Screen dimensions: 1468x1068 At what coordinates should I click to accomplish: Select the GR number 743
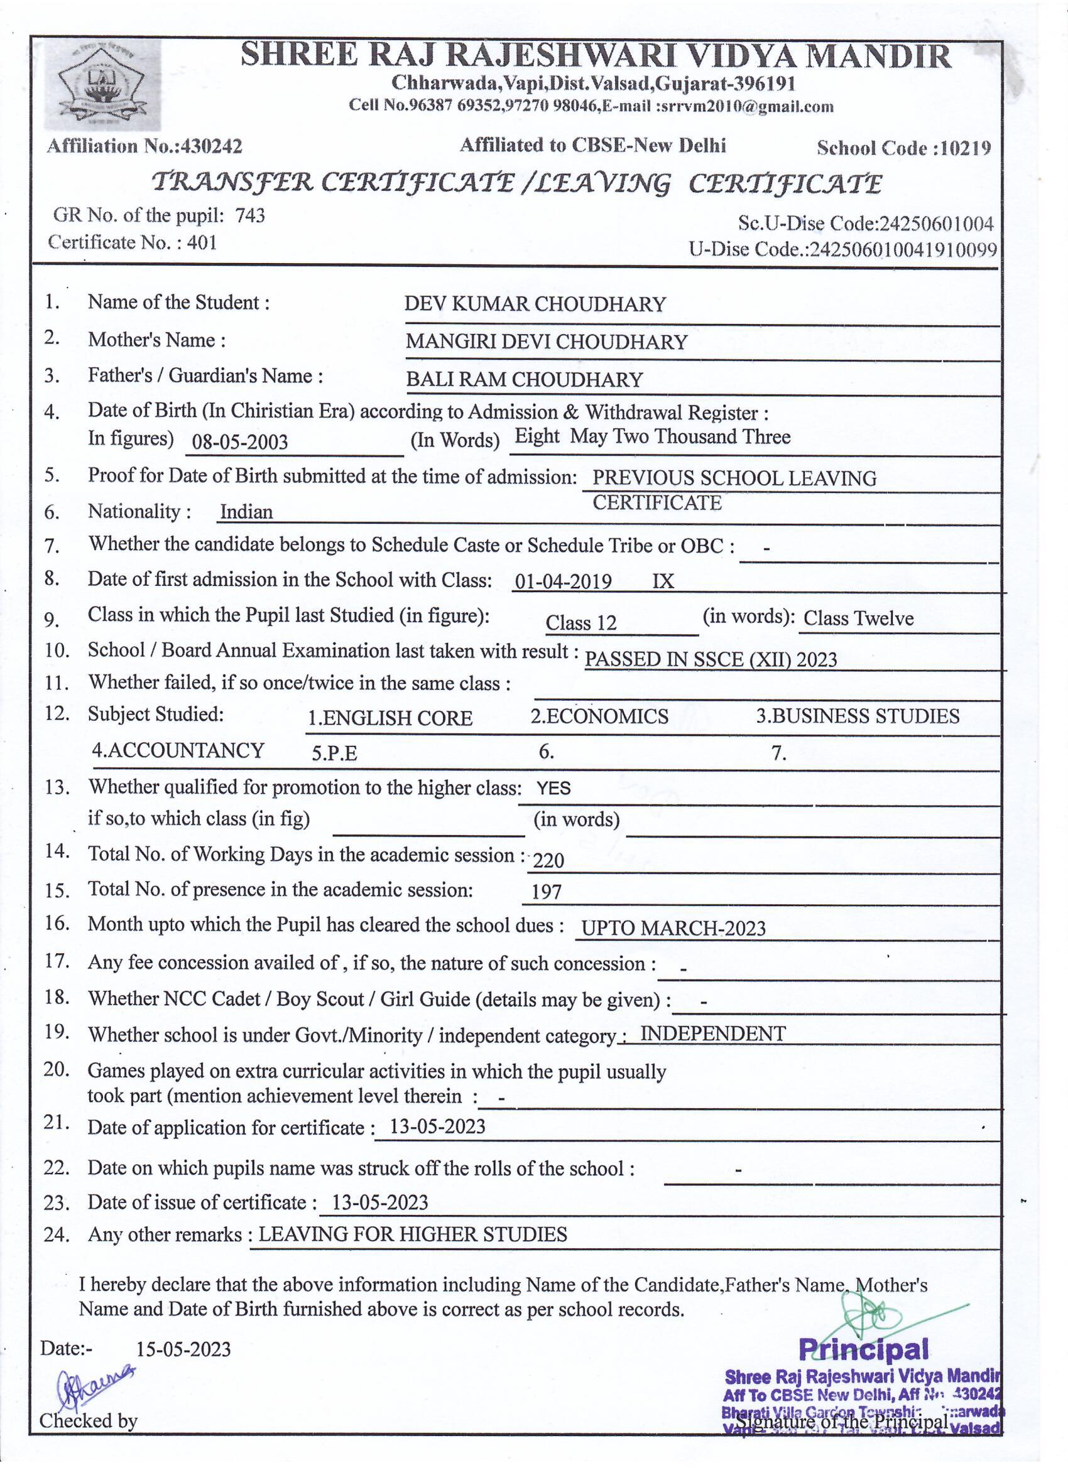click(x=250, y=215)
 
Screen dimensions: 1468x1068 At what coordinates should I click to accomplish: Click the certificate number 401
click(x=202, y=243)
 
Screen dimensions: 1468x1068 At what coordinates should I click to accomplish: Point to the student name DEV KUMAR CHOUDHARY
click(x=535, y=305)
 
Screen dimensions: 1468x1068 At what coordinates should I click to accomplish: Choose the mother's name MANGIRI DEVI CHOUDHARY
click(x=546, y=342)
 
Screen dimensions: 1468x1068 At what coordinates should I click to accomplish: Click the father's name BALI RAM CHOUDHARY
click(x=524, y=379)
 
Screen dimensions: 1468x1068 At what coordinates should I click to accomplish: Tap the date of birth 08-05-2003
click(x=240, y=442)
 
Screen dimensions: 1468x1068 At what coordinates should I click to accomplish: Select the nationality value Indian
click(x=246, y=512)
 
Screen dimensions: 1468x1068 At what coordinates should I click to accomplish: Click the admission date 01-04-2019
click(x=562, y=581)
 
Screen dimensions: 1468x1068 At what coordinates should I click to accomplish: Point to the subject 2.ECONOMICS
click(x=600, y=716)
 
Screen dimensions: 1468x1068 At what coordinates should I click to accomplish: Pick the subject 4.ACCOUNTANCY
click(x=178, y=750)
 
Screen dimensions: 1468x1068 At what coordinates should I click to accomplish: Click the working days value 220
click(x=548, y=860)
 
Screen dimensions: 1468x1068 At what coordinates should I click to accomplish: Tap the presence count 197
click(x=547, y=893)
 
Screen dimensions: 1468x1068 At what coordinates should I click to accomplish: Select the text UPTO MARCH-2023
click(x=673, y=928)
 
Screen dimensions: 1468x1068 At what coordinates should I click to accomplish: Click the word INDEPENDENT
click(x=712, y=1034)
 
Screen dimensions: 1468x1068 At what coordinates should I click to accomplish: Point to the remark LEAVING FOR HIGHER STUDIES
click(x=413, y=1234)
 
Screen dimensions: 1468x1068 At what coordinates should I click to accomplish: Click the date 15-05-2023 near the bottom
click(x=183, y=1349)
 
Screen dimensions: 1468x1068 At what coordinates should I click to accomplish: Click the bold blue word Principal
click(x=863, y=1349)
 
